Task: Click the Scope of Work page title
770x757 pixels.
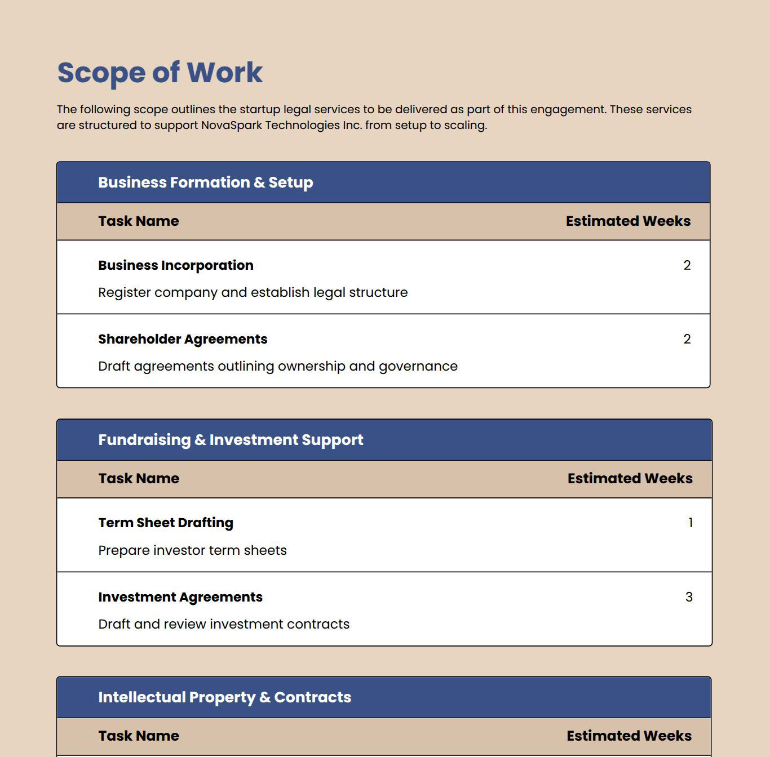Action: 160,73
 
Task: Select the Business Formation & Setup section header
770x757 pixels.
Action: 205,182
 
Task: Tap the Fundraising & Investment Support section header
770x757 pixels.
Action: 231,440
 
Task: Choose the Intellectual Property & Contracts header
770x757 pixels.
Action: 224,697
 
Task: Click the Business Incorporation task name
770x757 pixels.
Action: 175,265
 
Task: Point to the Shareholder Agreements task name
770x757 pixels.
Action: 183,339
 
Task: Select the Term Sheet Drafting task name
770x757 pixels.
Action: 165,523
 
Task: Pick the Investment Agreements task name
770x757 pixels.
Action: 180,597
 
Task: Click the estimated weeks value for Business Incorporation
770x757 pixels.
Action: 687,265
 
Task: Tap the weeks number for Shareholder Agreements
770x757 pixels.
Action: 687,339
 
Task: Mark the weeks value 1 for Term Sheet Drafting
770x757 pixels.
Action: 691,523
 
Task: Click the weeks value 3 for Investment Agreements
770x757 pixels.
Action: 689,597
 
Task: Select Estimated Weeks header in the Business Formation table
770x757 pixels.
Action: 628,221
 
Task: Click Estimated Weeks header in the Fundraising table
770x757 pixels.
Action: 630,479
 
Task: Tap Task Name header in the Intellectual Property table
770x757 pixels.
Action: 139,736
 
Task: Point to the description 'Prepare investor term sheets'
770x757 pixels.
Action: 192,550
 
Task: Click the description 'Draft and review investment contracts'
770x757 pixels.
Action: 224,624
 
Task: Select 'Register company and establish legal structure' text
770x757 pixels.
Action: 253,292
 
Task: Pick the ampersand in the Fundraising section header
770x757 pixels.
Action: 200,440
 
